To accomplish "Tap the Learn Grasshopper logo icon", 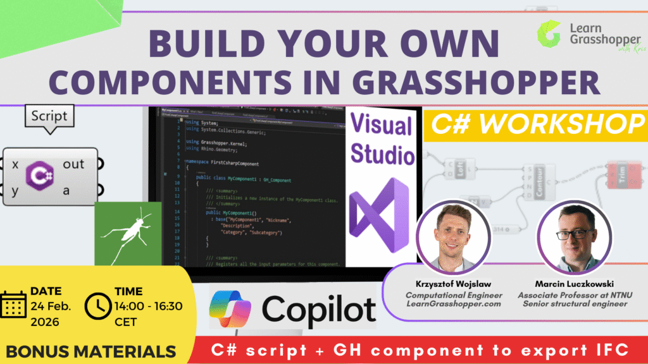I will (549, 35).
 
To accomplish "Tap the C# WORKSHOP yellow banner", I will (533, 124).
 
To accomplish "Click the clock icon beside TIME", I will (97, 306).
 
